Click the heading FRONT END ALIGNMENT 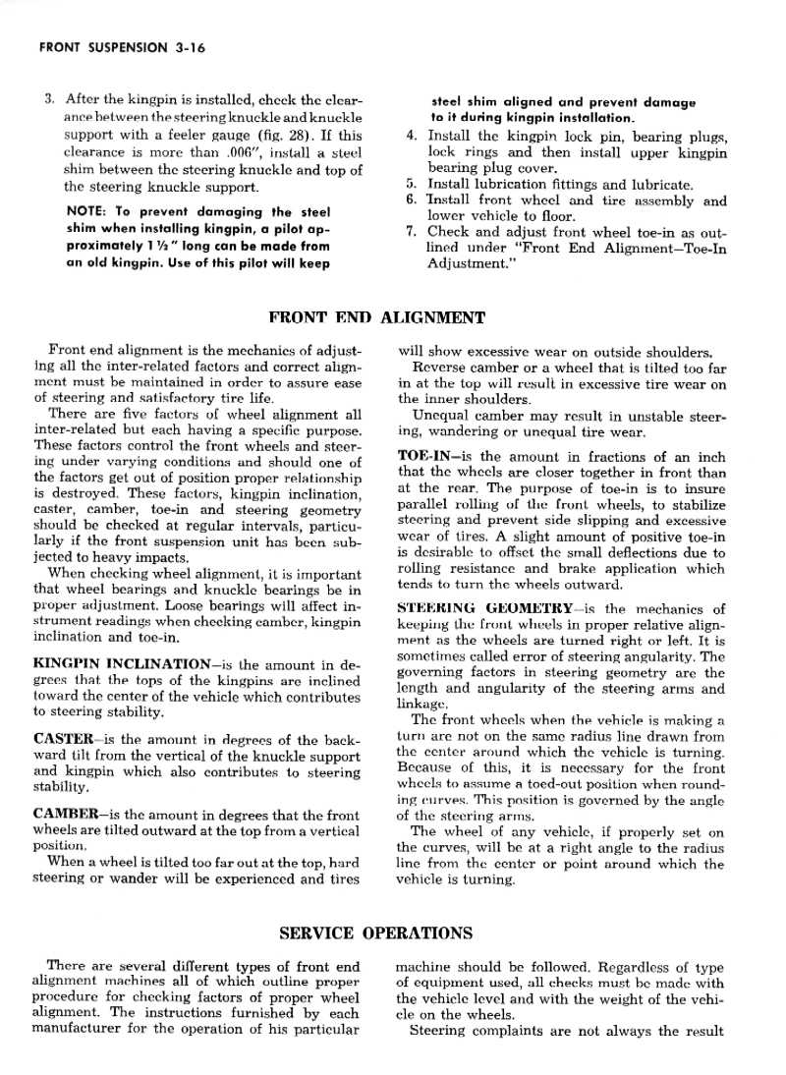tap(376, 317)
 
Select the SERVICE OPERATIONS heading tap(376, 933)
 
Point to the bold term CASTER tap(63, 739)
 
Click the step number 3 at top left tap(48, 99)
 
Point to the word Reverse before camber tap(445, 368)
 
